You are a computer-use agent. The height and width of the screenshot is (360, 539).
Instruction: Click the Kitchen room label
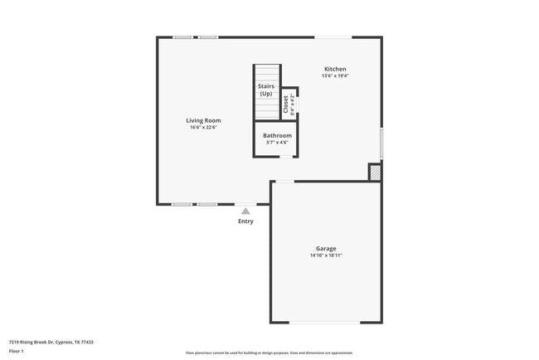pos(335,69)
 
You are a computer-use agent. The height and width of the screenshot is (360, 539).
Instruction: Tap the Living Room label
pos(203,120)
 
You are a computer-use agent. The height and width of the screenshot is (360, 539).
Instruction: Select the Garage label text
pos(326,248)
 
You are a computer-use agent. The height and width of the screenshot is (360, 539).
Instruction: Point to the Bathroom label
pos(277,135)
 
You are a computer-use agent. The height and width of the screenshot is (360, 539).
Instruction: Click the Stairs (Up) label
pos(265,90)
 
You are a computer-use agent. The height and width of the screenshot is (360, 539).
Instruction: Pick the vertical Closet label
pos(286,105)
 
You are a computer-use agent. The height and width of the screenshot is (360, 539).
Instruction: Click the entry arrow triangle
pos(245,212)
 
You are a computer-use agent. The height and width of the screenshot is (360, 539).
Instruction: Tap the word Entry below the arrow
pos(245,221)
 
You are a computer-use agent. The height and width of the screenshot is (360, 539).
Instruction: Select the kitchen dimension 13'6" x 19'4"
pos(335,76)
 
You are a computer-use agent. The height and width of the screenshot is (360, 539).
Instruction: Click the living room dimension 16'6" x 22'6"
pos(203,128)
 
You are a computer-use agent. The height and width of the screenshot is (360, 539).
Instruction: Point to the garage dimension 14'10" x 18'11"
pos(326,255)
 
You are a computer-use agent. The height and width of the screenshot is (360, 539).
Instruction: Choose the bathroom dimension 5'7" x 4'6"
pos(277,143)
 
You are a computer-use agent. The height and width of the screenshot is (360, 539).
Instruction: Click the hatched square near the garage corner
pos(375,172)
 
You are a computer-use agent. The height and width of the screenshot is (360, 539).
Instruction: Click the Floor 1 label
pos(16,351)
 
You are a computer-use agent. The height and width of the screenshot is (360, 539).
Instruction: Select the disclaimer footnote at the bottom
pos(269,353)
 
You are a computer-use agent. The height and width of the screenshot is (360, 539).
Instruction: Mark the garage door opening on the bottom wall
pos(325,322)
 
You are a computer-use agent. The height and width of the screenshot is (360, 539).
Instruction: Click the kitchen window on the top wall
pos(333,36)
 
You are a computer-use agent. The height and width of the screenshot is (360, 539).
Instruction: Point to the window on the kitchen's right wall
pos(381,143)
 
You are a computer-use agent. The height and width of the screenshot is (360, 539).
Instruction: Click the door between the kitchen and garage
pos(284,181)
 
